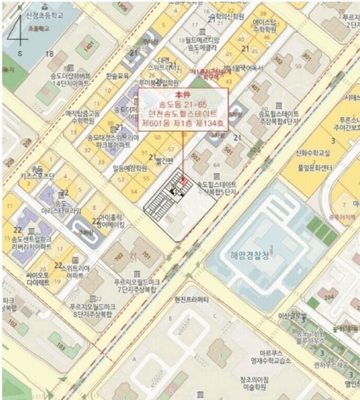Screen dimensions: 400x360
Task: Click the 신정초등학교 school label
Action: click(44, 15)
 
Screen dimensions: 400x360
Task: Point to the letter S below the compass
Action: click(20, 54)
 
